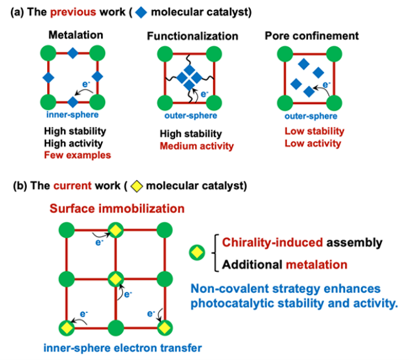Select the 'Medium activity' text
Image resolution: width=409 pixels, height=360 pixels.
(196, 146)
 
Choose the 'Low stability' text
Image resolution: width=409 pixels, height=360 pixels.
(314, 131)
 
